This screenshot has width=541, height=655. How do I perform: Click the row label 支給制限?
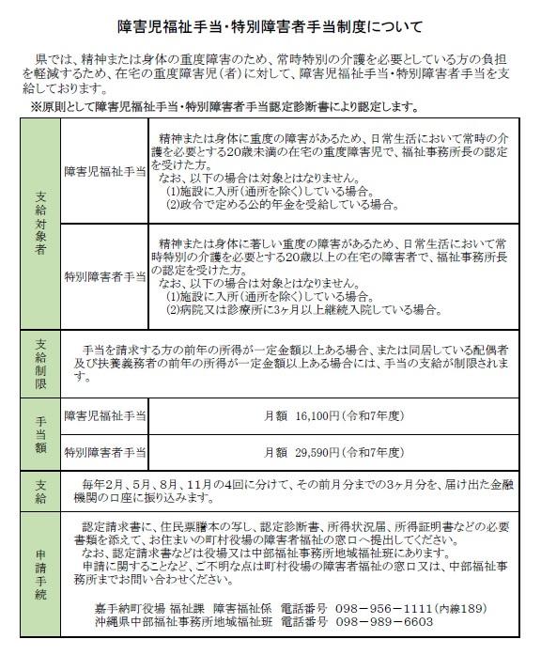39,361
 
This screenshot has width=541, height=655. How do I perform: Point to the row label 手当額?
39,433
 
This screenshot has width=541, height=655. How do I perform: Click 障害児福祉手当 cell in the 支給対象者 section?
103,174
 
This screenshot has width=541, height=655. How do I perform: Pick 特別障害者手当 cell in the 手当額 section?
103,453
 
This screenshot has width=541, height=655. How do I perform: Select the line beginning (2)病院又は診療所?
301,308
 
